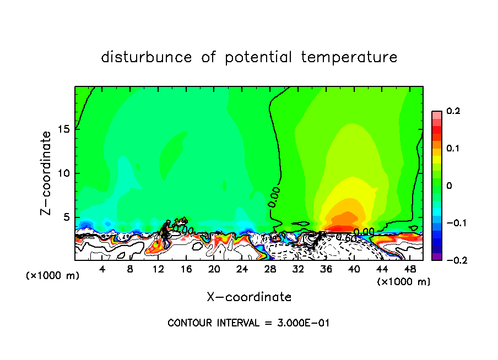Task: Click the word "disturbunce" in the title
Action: [147, 57]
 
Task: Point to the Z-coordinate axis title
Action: [47, 173]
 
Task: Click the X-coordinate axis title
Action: [249, 297]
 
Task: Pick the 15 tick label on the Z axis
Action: [64, 129]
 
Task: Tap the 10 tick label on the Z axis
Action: [64, 173]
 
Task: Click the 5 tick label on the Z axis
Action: [67, 217]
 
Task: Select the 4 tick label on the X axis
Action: [102, 269]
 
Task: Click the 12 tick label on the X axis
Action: [158, 269]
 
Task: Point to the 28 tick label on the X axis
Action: [270, 269]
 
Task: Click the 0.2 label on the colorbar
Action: [453, 111]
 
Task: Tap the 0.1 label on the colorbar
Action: [453, 149]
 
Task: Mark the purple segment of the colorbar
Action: [436, 256]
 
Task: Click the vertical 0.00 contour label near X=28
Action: [274, 197]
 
